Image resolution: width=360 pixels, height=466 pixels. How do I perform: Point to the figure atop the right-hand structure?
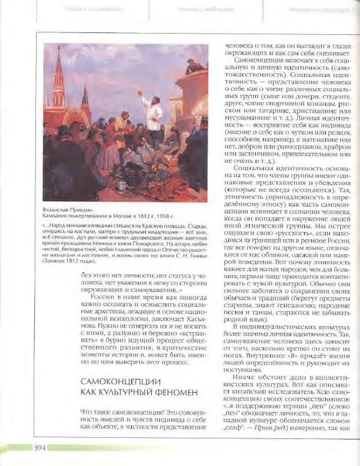pyautogui.click(x=193, y=65)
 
